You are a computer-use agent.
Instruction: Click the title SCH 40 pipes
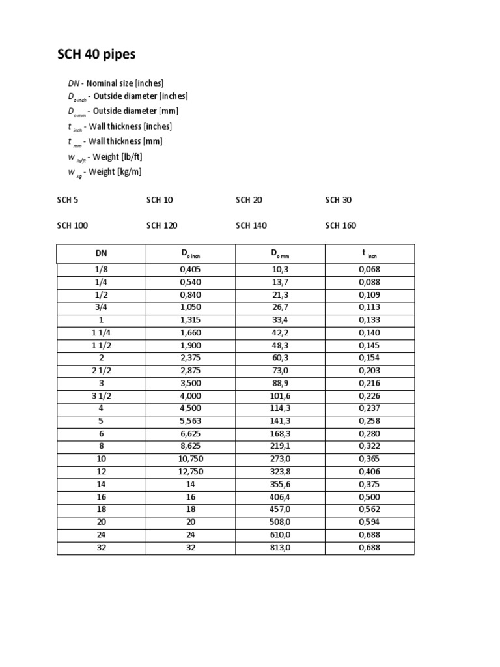97,55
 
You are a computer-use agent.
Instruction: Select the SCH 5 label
68,200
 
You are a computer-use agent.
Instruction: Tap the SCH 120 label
162,225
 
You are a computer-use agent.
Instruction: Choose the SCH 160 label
340,225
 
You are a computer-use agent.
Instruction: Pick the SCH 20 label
249,200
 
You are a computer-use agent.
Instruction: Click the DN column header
101,254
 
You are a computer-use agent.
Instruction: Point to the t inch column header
368,254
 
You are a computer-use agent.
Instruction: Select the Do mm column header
280,254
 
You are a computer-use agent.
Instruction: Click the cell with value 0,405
190,270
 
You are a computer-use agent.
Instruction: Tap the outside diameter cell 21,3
280,295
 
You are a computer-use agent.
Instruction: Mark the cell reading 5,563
190,421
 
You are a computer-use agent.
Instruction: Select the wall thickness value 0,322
368,447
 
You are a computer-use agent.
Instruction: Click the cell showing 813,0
280,548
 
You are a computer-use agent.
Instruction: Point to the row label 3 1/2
101,396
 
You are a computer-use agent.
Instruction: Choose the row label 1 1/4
101,333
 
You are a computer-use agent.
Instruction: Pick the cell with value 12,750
190,472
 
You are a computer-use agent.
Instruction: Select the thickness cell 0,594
368,522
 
